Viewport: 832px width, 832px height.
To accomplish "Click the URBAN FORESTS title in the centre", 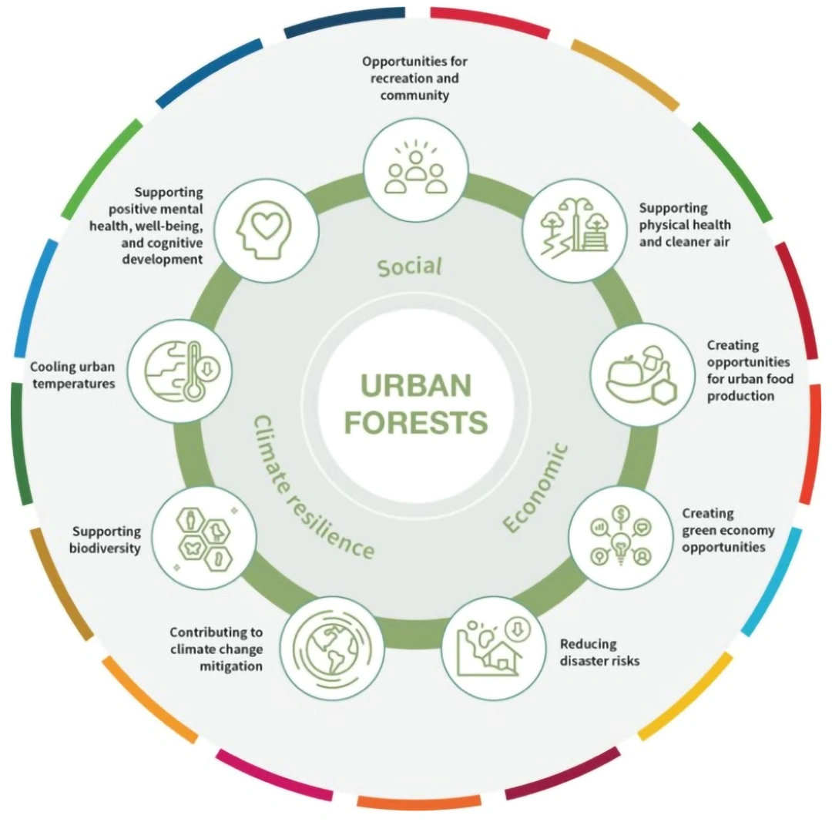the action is (x=416, y=404).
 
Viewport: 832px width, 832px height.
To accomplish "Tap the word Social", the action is (x=410, y=267).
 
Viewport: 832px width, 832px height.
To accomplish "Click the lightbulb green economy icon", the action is (x=621, y=536).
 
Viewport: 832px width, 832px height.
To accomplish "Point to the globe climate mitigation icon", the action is (x=332, y=648).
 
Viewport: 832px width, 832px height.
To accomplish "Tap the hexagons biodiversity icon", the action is (x=205, y=538).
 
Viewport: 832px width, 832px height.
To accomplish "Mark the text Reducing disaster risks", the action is (x=599, y=653).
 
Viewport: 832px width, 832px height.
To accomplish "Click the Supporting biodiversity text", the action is (x=106, y=539).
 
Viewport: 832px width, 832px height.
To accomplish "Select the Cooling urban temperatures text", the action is (x=72, y=375).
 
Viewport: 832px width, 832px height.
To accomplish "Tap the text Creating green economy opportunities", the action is (x=728, y=530).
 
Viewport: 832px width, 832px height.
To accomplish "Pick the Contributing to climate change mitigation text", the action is (x=216, y=649).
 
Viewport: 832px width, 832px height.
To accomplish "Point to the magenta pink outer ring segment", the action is (x=273, y=775).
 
